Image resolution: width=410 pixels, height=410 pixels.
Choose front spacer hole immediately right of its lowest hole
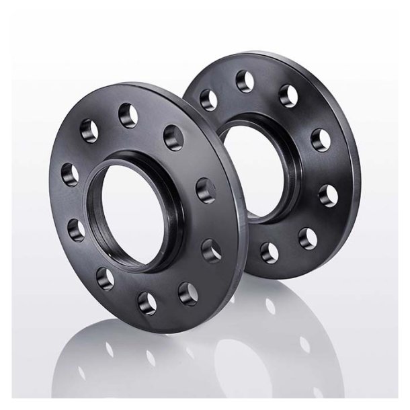pos(189,294)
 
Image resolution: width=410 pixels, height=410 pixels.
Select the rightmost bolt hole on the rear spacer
pos(328,196)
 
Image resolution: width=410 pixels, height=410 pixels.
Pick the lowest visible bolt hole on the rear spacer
pos(269,252)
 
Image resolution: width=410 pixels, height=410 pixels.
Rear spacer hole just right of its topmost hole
pos(288,95)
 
